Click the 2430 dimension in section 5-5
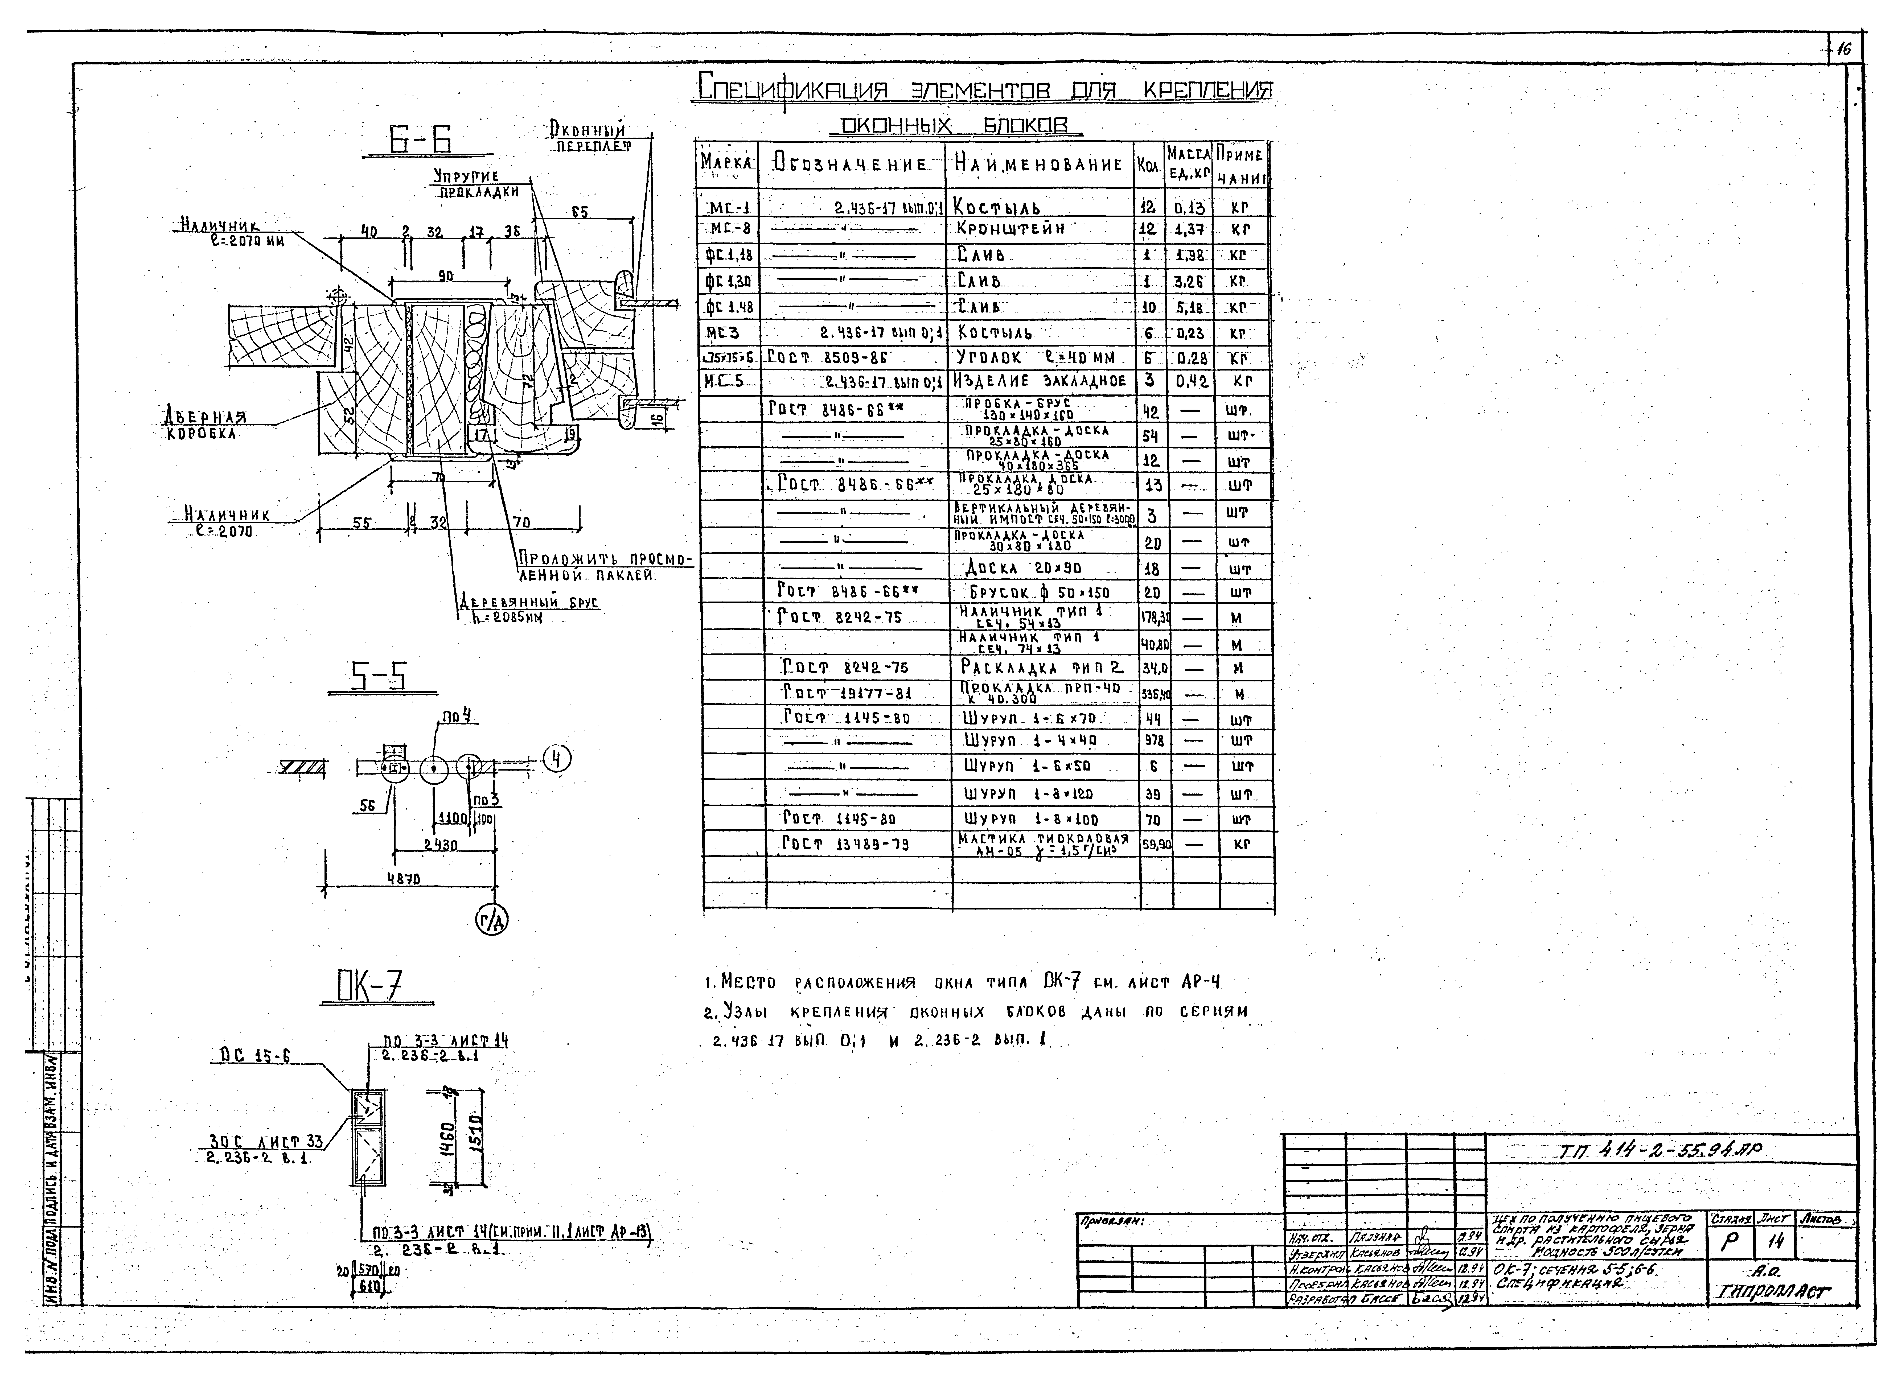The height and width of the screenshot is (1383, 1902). [x=440, y=845]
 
